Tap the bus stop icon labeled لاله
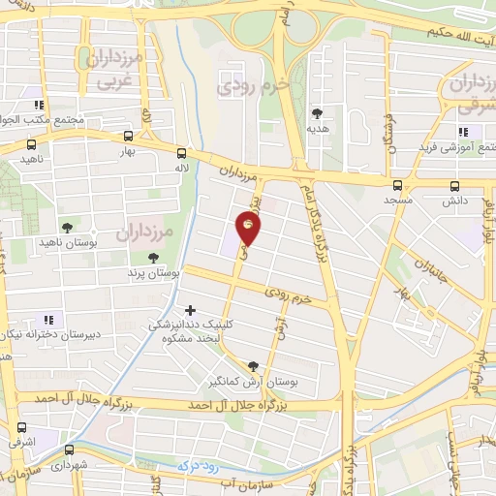point(181,152)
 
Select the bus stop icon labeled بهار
point(129,137)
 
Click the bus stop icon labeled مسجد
point(397,185)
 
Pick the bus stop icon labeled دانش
point(455,186)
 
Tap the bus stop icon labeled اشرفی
point(21,426)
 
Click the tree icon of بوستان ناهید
point(66,228)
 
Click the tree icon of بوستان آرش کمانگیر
point(254,366)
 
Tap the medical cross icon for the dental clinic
point(190,309)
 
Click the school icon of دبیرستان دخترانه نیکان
point(47,320)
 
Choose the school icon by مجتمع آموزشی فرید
point(462,131)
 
